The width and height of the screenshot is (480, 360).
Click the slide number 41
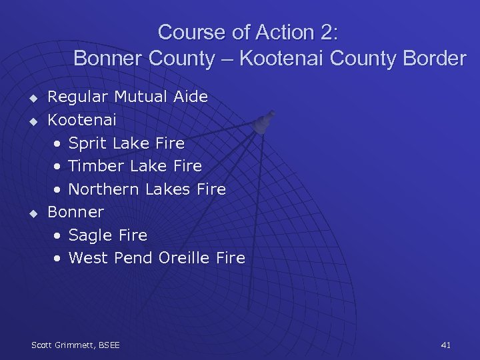tap(446, 345)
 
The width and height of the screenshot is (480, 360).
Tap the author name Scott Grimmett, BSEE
tap(75, 345)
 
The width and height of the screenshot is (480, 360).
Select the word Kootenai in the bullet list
tap(82, 120)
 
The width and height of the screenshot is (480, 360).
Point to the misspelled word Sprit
tap(89, 143)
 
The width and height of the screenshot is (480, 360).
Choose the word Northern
tap(103, 189)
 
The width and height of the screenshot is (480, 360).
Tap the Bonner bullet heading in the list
tap(76, 212)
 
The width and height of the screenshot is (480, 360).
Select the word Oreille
tap(183, 258)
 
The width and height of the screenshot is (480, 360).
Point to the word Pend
tap(133, 258)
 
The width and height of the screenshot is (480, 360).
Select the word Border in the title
tap(433, 59)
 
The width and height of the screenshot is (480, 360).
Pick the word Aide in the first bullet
tap(191, 97)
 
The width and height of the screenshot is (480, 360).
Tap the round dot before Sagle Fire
tap(60, 236)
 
